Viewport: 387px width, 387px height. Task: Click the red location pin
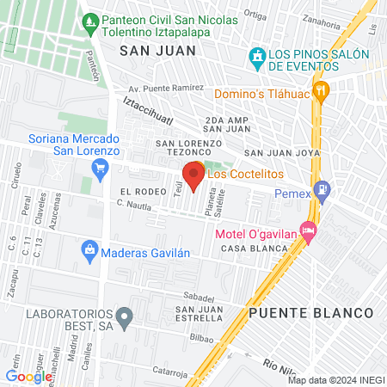tap(193, 177)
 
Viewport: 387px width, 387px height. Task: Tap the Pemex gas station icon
tap(322, 189)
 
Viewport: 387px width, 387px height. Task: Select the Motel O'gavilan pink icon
tap(308, 231)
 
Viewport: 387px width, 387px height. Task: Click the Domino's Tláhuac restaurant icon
tap(321, 89)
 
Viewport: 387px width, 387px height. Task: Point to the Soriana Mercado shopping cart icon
tap(101, 167)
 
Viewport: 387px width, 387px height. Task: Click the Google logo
tap(28, 376)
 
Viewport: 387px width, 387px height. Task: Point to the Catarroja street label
tap(170, 372)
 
